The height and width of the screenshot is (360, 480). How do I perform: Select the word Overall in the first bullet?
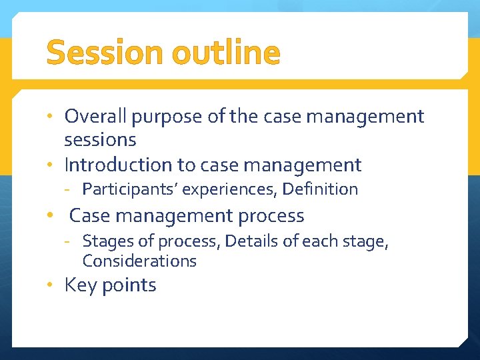coord(96,117)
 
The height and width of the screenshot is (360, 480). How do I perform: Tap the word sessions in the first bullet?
coord(100,140)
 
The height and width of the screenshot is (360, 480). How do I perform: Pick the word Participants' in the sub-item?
coord(130,189)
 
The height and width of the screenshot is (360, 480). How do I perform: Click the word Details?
coord(249,241)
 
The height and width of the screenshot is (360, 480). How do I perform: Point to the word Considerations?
coord(139,261)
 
